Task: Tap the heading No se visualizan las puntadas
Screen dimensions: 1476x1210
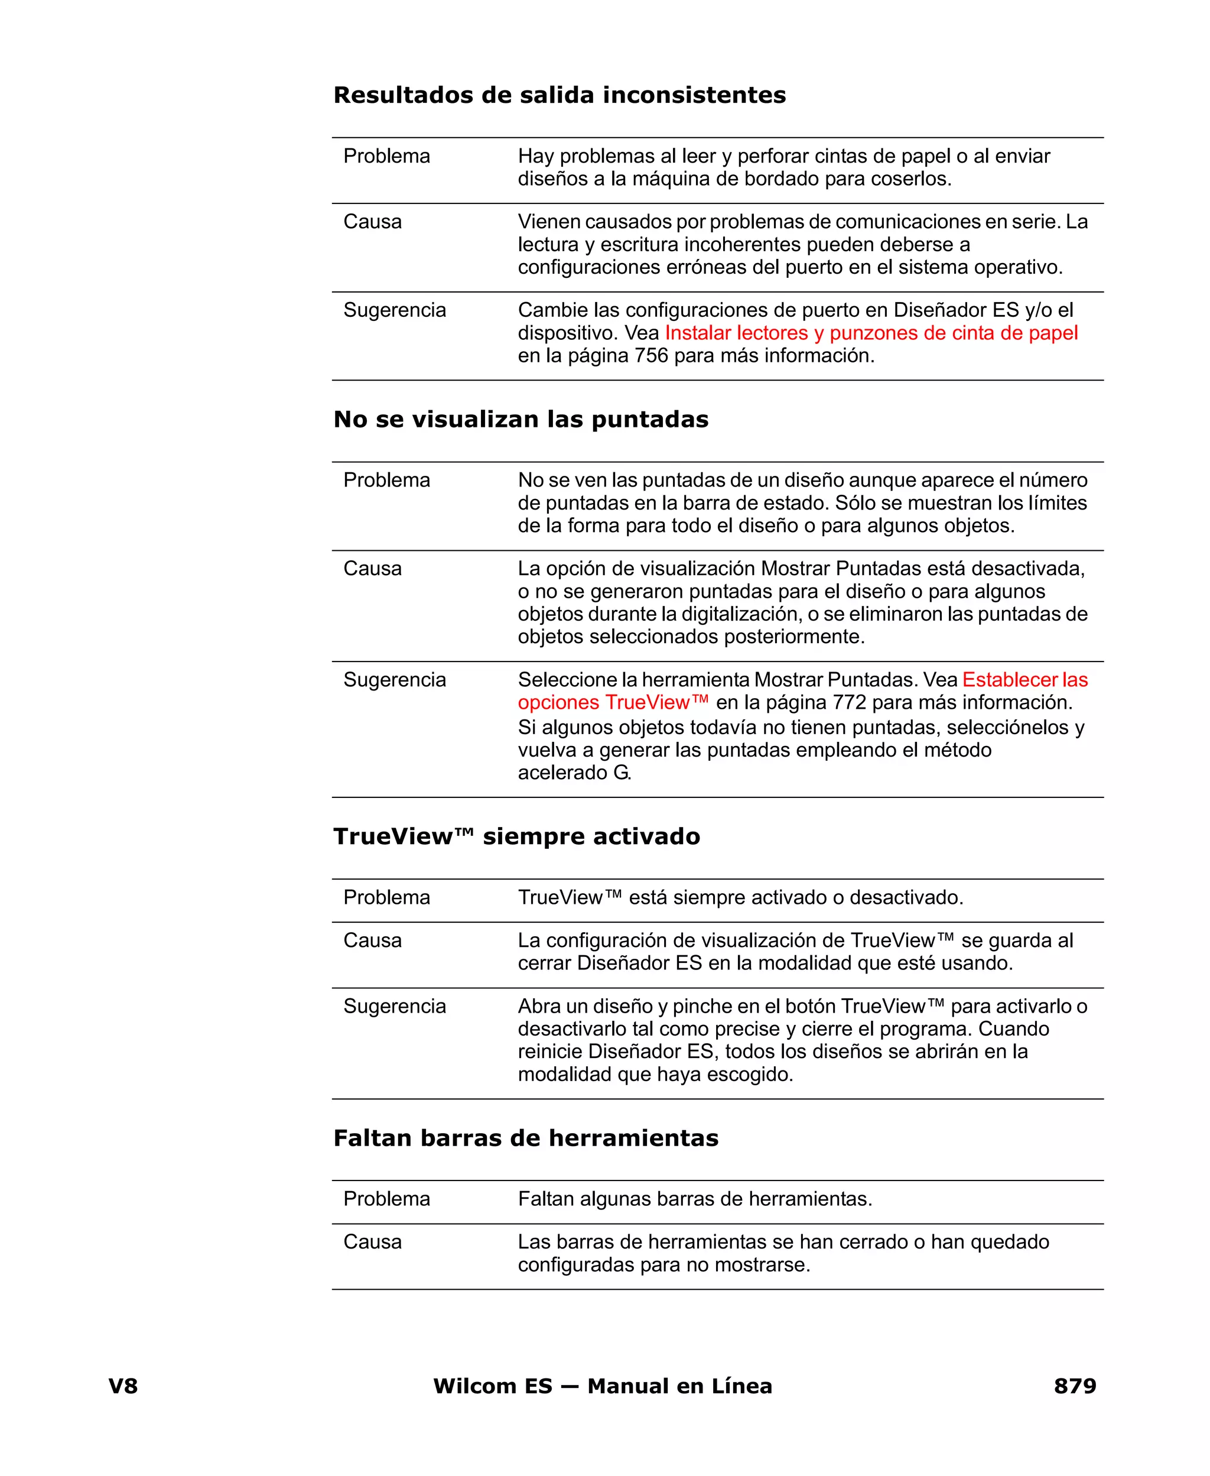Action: click(521, 419)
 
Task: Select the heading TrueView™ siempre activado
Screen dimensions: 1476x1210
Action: click(516, 836)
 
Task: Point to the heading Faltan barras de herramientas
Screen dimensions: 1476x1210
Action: click(526, 1138)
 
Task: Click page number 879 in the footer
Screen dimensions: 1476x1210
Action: click(1074, 1386)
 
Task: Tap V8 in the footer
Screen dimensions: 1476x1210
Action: click(123, 1386)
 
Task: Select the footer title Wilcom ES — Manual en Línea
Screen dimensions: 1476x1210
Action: click(602, 1386)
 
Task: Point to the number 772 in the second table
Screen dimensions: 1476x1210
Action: click(849, 702)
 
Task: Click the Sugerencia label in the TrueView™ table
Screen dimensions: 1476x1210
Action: click(395, 1006)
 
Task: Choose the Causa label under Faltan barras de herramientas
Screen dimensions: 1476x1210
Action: click(372, 1242)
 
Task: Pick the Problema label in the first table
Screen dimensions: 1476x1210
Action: click(386, 155)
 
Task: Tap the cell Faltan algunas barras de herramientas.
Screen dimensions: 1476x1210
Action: click(695, 1199)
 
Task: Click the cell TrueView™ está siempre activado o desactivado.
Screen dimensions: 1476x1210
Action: click(740, 897)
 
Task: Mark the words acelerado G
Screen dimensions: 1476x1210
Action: click(574, 773)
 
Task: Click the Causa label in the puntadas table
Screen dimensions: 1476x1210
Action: click(372, 568)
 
